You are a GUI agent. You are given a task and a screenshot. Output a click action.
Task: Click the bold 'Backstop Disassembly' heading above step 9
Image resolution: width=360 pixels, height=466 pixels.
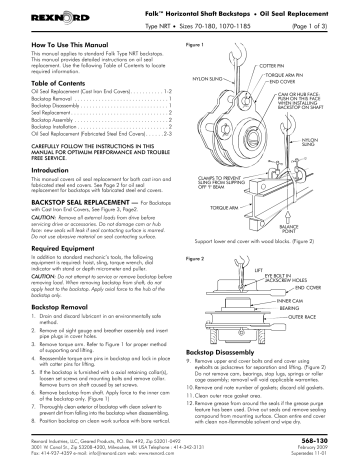click(x=231, y=382)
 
